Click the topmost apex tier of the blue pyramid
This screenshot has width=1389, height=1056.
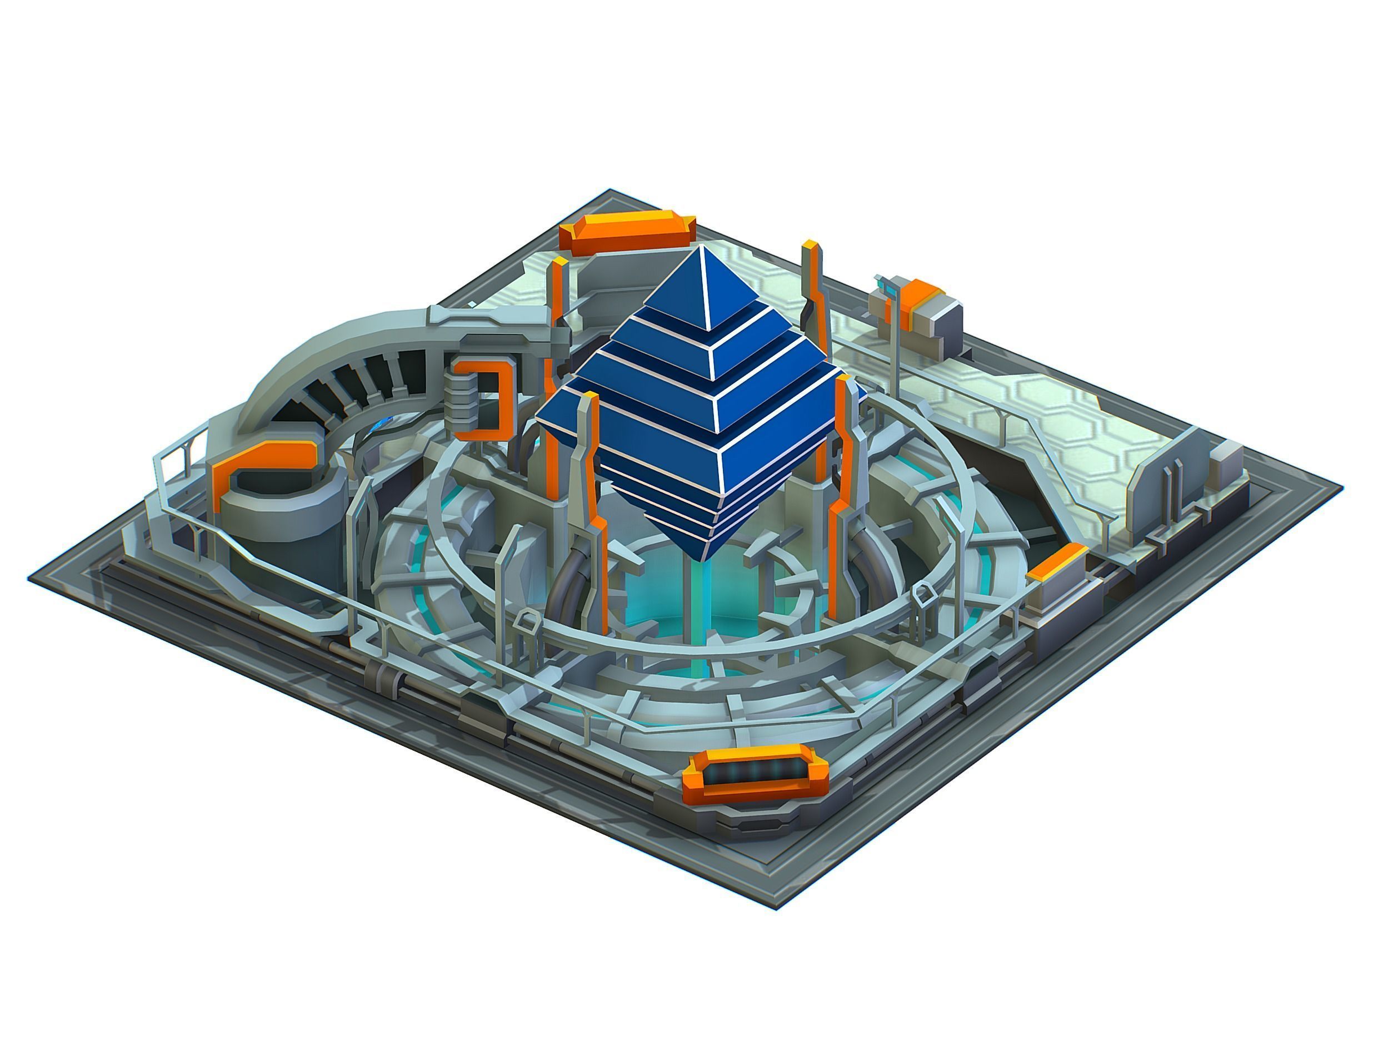(x=707, y=283)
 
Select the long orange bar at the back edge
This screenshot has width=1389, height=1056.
(x=627, y=232)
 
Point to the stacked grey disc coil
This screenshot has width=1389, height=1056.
(x=462, y=397)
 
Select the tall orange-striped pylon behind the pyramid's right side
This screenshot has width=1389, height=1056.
(x=812, y=289)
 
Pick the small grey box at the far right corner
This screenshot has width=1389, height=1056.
(x=1228, y=459)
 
